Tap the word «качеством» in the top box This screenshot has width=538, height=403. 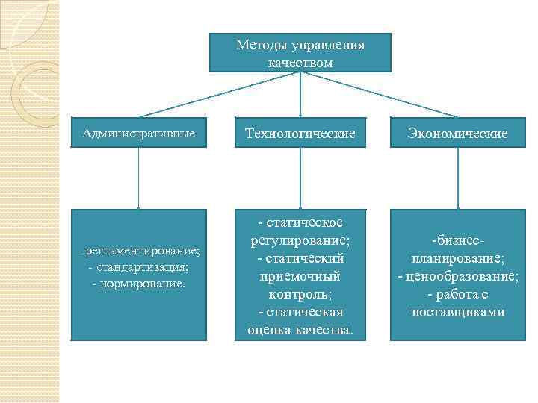click(x=300, y=62)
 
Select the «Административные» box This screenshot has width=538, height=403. click(x=139, y=134)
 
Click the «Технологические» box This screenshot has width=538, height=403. click(x=300, y=134)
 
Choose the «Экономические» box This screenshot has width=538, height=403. click(x=457, y=134)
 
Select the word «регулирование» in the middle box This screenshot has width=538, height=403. click(x=300, y=240)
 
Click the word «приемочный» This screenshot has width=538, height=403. click(x=300, y=276)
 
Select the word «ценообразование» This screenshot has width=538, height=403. click(x=462, y=276)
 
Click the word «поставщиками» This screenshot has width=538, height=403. click(x=457, y=312)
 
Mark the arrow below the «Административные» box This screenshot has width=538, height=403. click(x=139, y=179)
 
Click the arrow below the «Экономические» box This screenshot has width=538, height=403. click(x=457, y=179)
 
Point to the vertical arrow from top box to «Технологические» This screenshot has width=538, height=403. click(x=300, y=94)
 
